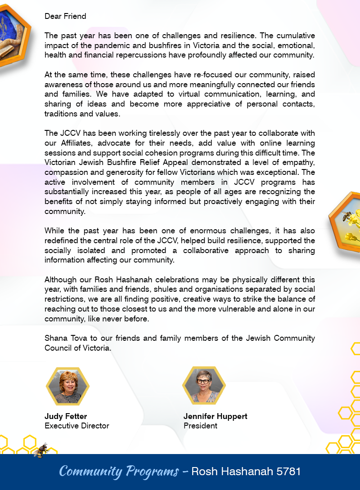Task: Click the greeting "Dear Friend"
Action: (65, 16)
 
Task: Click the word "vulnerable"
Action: (240, 309)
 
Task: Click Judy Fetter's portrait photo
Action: (67, 386)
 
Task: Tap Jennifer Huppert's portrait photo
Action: (203, 386)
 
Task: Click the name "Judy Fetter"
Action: (66, 416)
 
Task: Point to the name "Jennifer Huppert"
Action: (215, 416)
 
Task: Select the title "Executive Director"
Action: (76, 426)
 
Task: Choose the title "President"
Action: (200, 426)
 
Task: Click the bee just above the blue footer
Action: (42, 449)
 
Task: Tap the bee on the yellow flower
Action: (347, 216)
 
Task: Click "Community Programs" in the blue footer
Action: (119, 472)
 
